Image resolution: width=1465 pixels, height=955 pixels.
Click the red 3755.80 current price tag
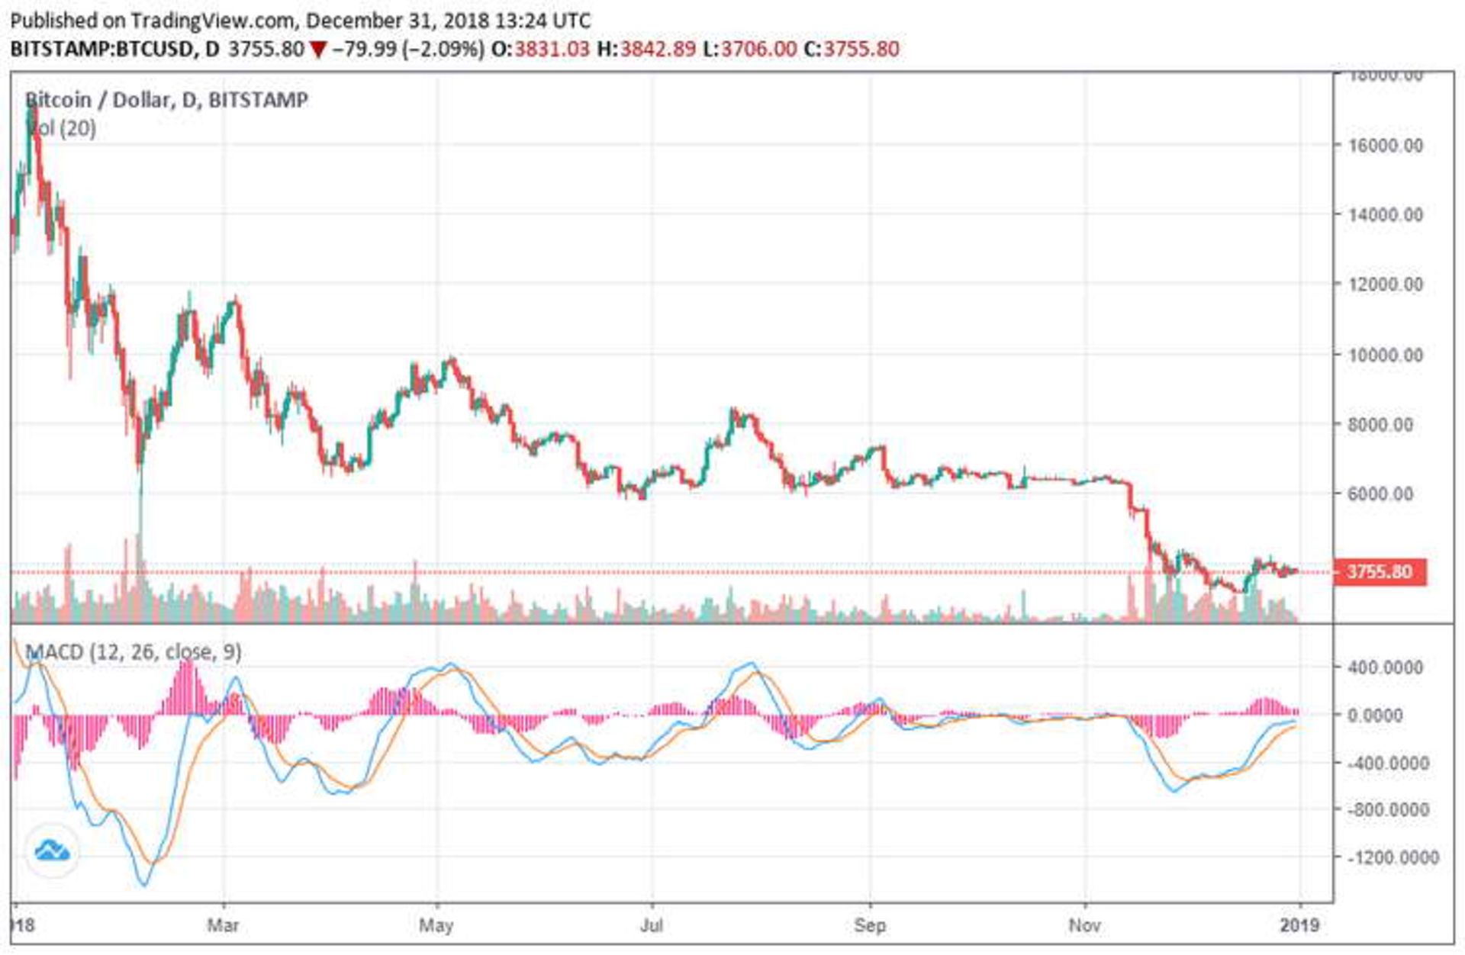click(x=1380, y=571)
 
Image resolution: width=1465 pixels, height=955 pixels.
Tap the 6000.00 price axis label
click(x=1380, y=494)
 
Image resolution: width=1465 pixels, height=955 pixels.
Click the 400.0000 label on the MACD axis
click(x=1385, y=667)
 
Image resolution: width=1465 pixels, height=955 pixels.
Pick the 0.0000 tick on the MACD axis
click(x=1385, y=715)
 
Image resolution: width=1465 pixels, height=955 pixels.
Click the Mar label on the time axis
click(x=223, y=925)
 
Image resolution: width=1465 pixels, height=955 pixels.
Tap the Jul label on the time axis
click(x=651, y=925)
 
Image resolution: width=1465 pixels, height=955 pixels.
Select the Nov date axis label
click(x=1084, y=925)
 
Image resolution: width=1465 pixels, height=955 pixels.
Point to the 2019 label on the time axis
click(x=1299, y=925)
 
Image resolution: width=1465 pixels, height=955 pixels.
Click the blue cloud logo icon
click(x=52, y=850)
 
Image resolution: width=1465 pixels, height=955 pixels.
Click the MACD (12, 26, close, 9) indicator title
click(x=134, y=652)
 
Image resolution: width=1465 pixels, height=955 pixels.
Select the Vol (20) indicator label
click(x=63, y=128)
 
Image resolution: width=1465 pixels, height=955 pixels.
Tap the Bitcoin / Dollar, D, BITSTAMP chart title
click(x=166, y=100)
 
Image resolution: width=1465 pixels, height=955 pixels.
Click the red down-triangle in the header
click(x=318, y=50)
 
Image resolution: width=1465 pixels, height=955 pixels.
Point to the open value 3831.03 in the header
click(x=552, y=50)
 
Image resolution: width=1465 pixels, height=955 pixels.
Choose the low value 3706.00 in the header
click(x=758, y=50)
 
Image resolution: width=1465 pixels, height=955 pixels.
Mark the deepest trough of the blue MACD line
click(x=144, y=885)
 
